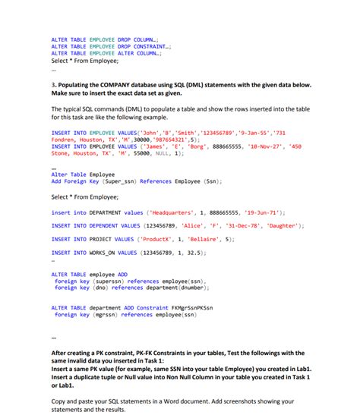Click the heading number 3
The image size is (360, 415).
tap(53, 86)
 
